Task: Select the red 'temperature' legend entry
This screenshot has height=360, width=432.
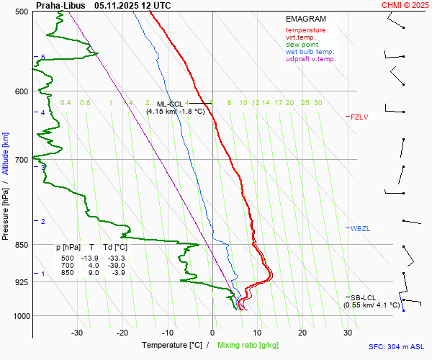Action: [x=305, y=30]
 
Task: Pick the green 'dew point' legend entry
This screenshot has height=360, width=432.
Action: [x=302, y=45]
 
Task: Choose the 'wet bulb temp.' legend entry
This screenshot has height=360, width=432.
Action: [x=310, y=52]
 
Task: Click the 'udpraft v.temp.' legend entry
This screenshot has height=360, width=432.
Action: [x=310, y=59]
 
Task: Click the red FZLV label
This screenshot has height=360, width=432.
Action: [x=359, y=116]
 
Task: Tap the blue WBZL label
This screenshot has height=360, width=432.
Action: [x=360, y=228]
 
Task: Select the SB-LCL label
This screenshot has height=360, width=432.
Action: [x=364, y=297]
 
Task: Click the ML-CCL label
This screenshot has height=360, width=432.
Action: [x=170, y=104]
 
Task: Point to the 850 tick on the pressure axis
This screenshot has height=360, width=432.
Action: [x=21, y=245]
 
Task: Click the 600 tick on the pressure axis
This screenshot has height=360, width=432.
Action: [x=21, y=91]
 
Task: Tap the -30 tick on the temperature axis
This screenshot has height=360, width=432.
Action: [x=77, y=333]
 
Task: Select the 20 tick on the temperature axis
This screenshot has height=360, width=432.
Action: [x=302, y=333]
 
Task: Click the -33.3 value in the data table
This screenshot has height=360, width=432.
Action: [x=115, y=258]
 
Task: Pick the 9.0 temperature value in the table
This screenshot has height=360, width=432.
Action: [x=94, y=273]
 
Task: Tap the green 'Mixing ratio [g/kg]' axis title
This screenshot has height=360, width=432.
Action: [x=252, y=346]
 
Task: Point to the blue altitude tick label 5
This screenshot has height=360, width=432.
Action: [x=43, y=57]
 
